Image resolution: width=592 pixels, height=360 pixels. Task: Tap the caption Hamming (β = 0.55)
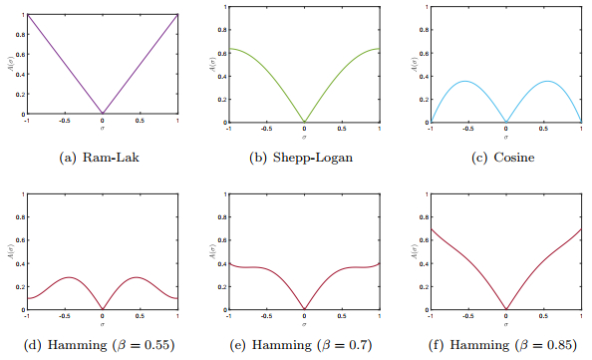[102, 346]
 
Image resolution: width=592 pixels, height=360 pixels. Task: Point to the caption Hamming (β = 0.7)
[304, 346]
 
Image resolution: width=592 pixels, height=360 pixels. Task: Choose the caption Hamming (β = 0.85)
[506, 346]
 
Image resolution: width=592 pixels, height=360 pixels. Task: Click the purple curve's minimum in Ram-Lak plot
[103, 114]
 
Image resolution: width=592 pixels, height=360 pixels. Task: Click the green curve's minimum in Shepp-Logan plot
[305, 122]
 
